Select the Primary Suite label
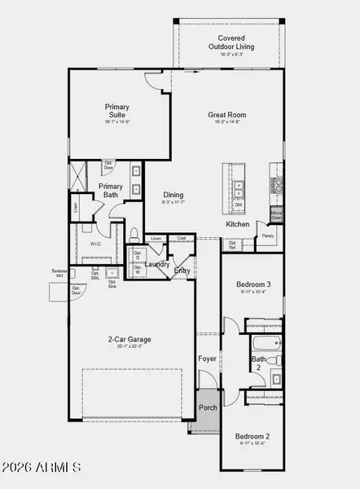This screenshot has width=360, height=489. coord(117,111)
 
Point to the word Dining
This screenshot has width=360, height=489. coord(173,195)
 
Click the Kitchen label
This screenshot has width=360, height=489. coord(237,224)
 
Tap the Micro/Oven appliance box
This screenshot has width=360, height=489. coord(277,216)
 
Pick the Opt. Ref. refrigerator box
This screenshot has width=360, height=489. coord(232,244)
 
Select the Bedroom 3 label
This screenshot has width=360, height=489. coord(252,284)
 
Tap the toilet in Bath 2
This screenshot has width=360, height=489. coord(277,359)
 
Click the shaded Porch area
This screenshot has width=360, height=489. coord(208,407)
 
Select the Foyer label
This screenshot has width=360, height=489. coord(208,359)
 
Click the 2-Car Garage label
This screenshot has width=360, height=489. coord(130,340)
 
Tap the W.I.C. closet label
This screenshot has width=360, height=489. coord(95,244)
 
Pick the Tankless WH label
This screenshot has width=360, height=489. coord(59,275)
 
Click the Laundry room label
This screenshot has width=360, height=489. coord(159,265)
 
